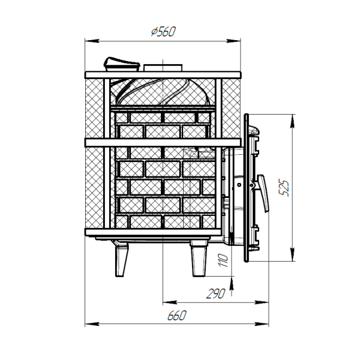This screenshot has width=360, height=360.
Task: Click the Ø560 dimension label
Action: coord(163,31)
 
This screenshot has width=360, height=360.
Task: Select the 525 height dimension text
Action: coord(284,188)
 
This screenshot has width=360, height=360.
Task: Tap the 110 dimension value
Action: coord(223,260)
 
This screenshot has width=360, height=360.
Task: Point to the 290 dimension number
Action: coord(216,293)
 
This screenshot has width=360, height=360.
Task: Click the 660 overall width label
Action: coord(177,316)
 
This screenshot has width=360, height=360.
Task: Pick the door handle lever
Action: coord(263,193)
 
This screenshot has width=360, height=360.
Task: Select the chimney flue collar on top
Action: coord(163,68)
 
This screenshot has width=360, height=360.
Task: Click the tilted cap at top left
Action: coord(122,64)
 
